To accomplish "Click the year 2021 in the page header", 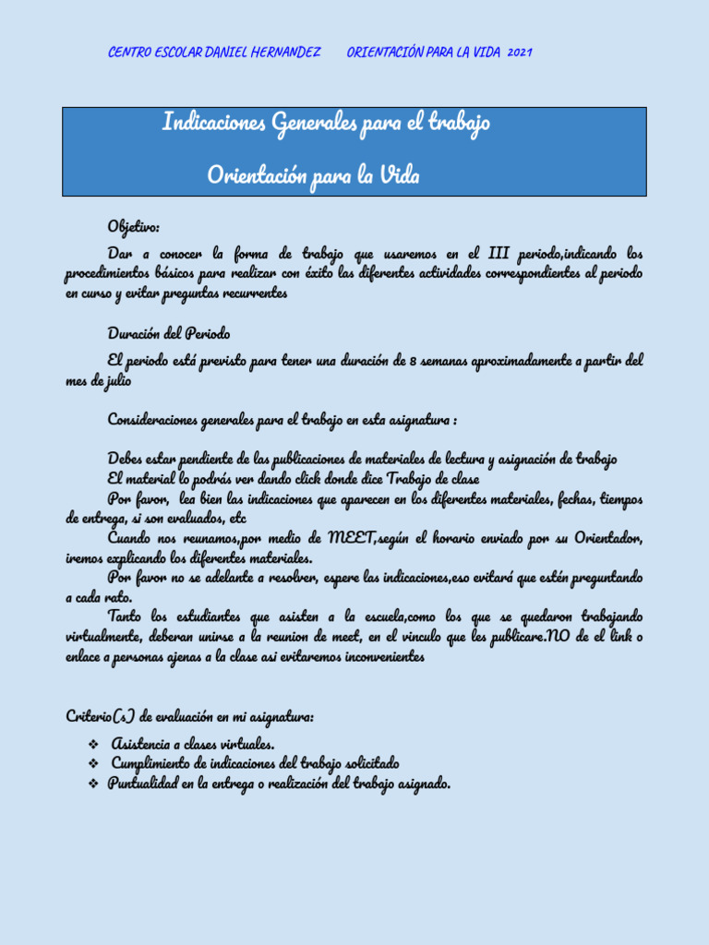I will coord(520,53).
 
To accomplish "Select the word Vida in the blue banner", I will coord(399,175).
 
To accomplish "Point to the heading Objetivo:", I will coord(134,227).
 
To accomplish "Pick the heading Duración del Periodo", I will coord(169,333).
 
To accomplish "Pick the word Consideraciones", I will coord(162,420).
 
